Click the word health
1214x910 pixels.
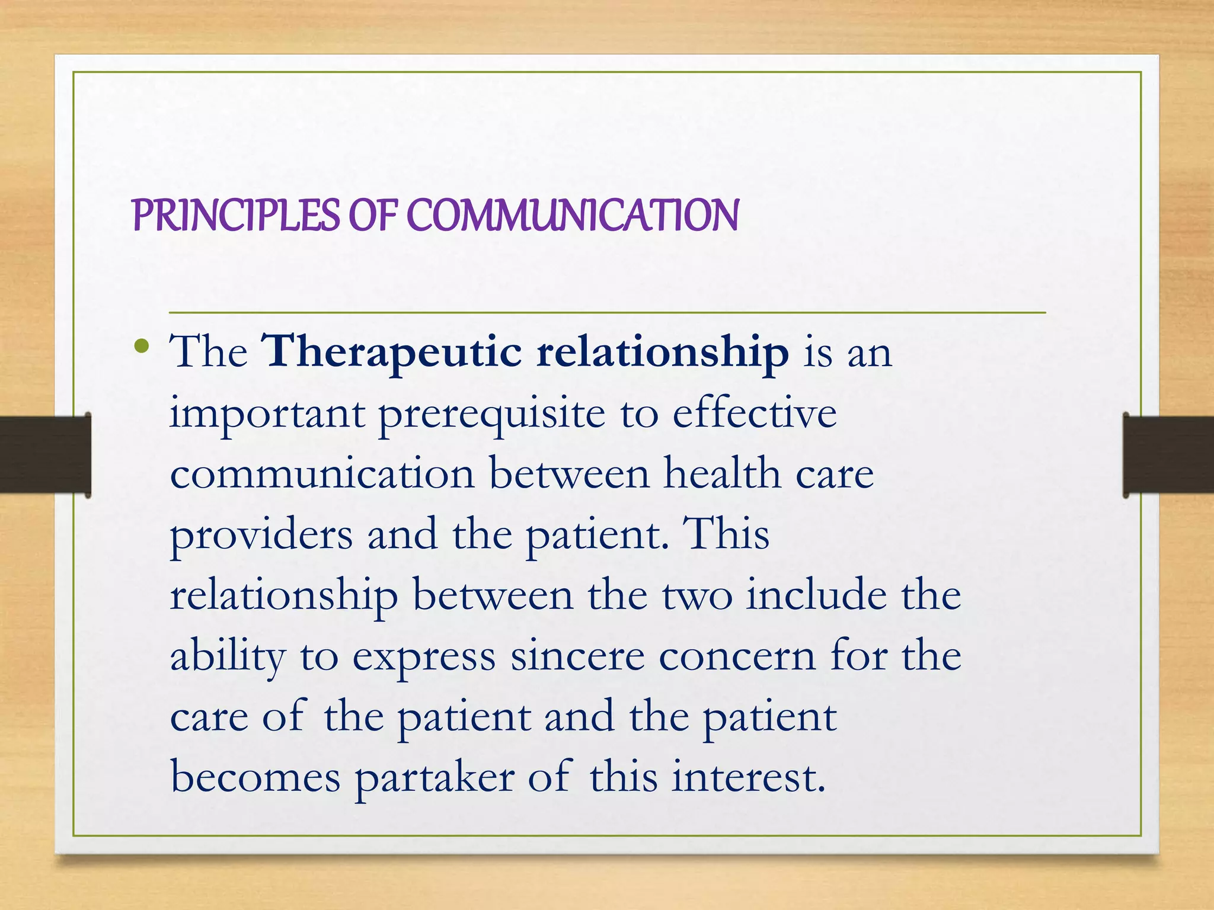722,474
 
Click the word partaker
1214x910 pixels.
435,778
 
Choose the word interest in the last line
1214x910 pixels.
747,777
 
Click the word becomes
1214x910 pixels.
255,777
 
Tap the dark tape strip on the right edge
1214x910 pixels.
1168,454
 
